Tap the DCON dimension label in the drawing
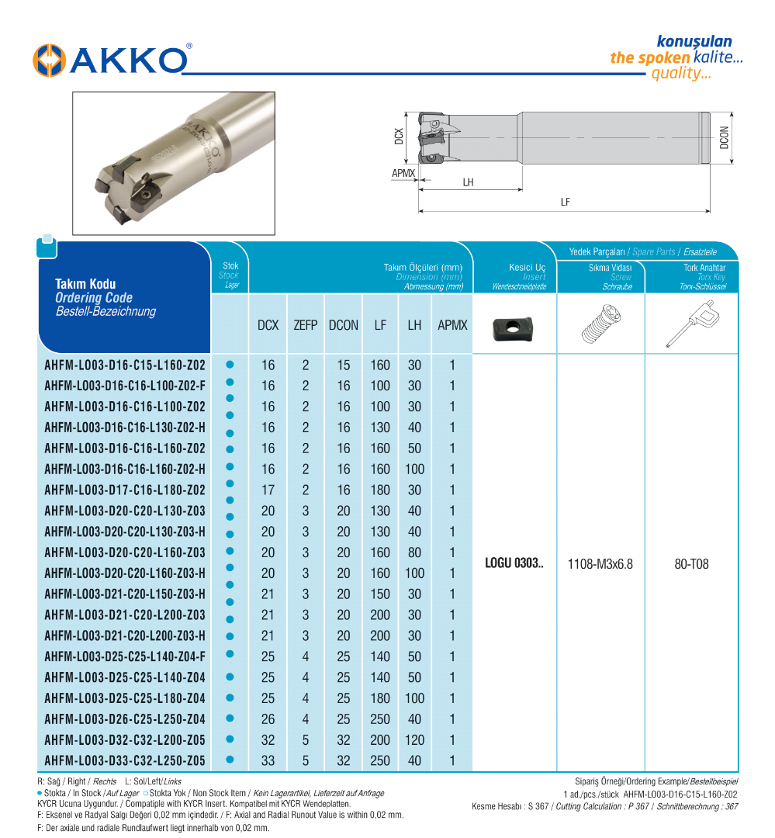point(725,137)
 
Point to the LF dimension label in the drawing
point(566,202)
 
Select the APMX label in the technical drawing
point(403,174)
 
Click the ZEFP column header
point(306,325)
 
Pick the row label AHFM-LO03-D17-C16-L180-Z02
point(125,490)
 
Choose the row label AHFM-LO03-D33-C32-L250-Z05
point(125,761)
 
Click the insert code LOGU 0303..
point(514,563)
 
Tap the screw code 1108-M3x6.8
point(600,564)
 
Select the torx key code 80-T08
point(691,564)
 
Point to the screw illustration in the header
point(600,324)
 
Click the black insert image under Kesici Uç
point(514,325)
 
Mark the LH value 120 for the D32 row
point(414,740)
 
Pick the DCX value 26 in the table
point(268,719)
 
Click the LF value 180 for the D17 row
point(380,490)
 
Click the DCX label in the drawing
point(399,137)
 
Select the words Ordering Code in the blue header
point(94,298)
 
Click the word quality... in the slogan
point(681,74)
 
